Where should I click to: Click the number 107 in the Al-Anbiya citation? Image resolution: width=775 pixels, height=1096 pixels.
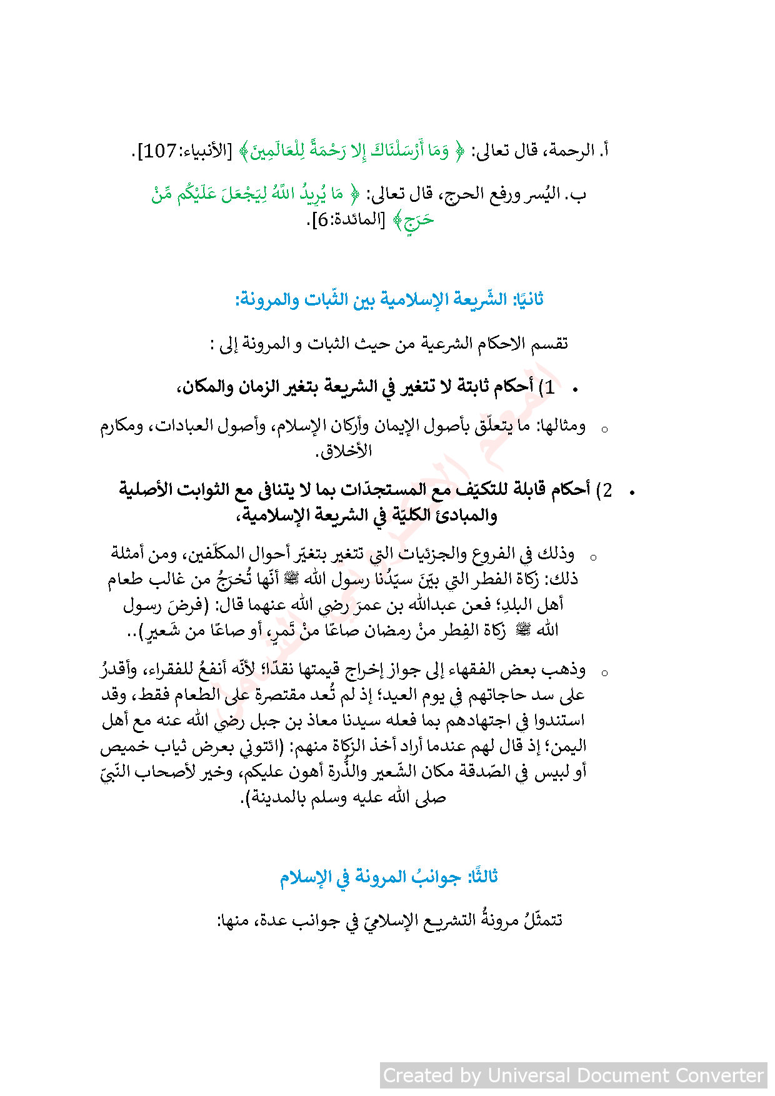(160, 151)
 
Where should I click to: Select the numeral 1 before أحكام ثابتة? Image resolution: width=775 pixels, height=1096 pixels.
(549, 387)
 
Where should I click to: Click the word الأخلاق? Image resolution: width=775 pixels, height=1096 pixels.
(347, 451)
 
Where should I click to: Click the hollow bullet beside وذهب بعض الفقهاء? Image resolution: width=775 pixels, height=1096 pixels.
(604, 674)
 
